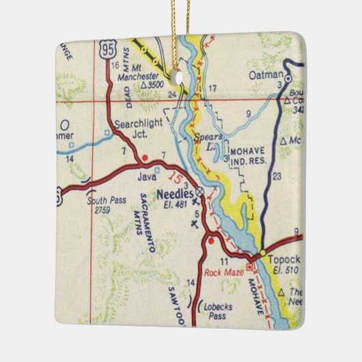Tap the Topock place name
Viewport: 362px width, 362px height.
click(283, 260)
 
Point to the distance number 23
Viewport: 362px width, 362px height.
click(276, 176)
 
